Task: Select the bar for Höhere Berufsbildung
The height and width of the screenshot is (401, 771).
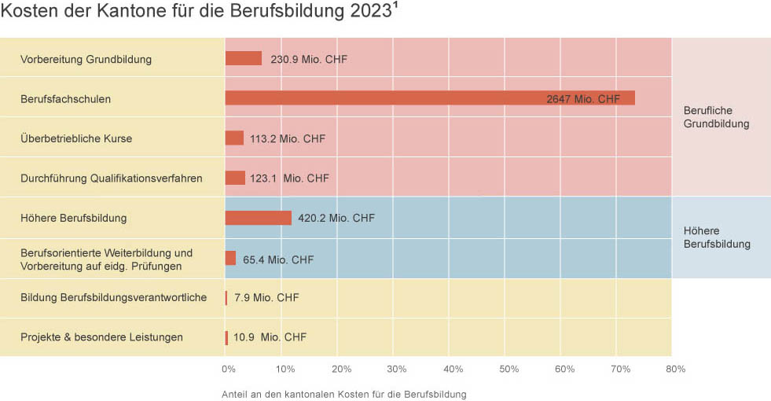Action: [258, 218]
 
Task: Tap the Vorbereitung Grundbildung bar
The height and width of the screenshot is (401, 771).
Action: [243, 59]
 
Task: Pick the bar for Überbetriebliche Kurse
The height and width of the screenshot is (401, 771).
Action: [234, 138]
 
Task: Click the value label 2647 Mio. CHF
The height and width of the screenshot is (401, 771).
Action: [583, 99]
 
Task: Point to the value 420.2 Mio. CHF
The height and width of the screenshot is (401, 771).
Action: [336, 218]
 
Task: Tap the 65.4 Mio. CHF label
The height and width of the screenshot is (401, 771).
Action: [278, 259]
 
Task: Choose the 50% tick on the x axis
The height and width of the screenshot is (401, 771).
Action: [508, 369]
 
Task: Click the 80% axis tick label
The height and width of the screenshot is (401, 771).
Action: [676, 369]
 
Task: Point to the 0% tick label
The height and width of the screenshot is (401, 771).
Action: [229, 369]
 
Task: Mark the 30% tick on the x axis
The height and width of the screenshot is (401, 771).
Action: [397, 369]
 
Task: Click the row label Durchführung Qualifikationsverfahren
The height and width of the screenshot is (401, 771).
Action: [111, 178]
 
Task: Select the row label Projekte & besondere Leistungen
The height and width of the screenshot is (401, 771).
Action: [101, 337]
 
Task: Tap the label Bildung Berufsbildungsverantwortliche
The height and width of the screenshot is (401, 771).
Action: [113, 297]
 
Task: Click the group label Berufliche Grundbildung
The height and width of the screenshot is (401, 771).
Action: [716, 117]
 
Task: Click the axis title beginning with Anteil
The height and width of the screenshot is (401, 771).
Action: [344, 394]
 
